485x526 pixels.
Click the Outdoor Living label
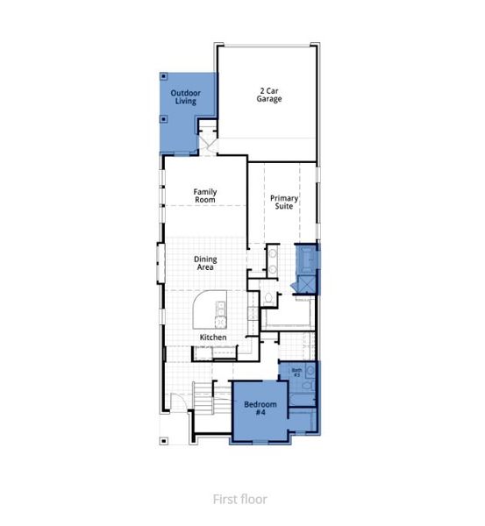tap(185, 97)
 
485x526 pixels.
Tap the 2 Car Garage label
tap(268, 95)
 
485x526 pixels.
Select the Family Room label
tap(205, 195)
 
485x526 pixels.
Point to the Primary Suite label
tap(284, 203)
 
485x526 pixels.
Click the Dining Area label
tap(205, 263)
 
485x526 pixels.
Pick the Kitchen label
tap(213, 338)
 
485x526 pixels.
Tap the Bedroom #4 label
tap(260, 408)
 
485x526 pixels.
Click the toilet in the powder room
tap(269, 298)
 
